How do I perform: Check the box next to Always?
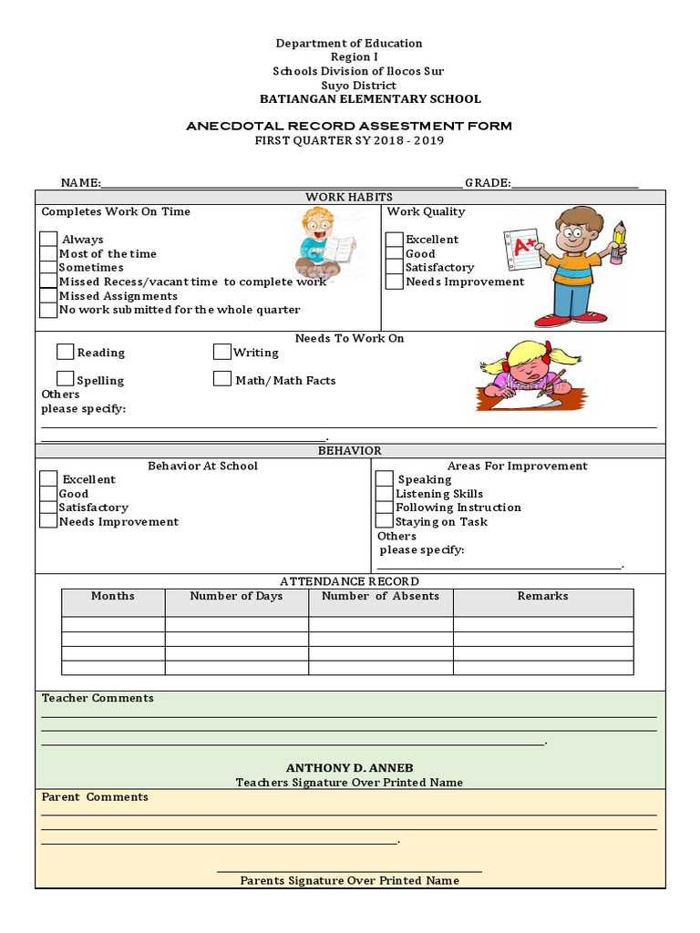[48, 240]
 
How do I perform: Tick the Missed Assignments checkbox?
[48, 296]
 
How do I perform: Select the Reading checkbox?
[66, 352]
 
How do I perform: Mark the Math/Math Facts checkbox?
[222, 379]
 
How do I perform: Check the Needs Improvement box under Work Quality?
[394, 282]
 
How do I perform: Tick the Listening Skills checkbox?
[385, 493]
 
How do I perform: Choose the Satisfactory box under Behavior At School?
[48, 508]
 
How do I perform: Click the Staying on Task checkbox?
[385, 521]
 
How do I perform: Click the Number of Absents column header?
[380, 597]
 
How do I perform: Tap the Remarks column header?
[542, 597]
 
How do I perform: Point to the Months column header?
[113, 597]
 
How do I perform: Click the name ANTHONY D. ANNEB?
[350, 768]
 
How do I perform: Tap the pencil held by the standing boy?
[619, 241]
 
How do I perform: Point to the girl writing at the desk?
[528, 374]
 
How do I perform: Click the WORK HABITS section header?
[349, 198]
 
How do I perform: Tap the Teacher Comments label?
[98, 698]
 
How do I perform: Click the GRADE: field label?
[488, 183]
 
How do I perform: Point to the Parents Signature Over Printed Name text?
[349, 880]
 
